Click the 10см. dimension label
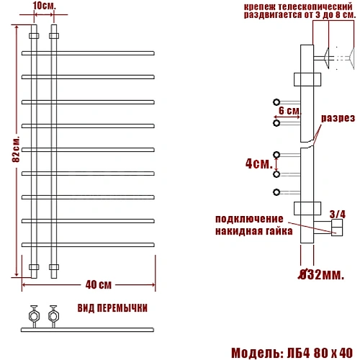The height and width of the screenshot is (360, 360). (44, 6)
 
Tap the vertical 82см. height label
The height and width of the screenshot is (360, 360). (16, 150)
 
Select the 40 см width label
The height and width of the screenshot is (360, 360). (99, 285)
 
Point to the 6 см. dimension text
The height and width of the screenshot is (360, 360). (289, 111)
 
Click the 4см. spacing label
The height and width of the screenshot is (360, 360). (259, 163)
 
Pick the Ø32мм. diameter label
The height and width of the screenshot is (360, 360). (321, 274)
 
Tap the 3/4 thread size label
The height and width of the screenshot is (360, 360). (338, 215)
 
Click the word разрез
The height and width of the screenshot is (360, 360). (338, 118)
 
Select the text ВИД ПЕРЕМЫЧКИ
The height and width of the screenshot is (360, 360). (112, 308)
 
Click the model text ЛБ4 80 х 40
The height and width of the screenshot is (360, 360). (320, 353)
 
